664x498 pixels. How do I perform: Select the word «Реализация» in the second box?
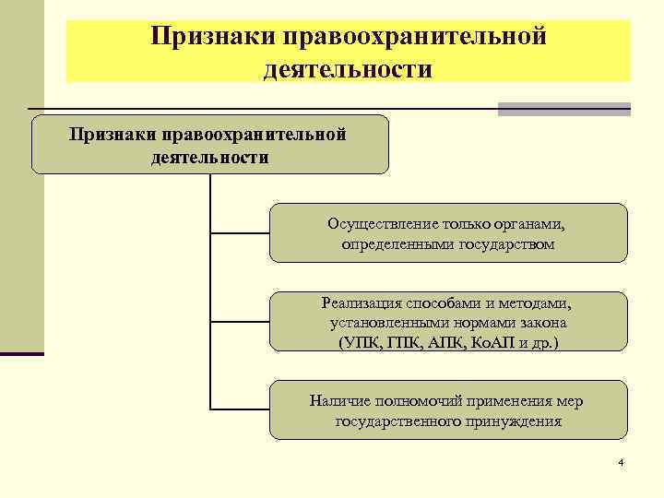click(x=359, y=302)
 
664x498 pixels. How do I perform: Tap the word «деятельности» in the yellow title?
click(x=347, y=68)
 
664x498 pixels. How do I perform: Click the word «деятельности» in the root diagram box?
click(x=209, y=157)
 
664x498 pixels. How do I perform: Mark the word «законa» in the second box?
click(x=544, y=323)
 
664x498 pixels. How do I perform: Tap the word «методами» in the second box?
click(x=541, y=302)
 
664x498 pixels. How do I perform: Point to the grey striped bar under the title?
click(x=563, y=109)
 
